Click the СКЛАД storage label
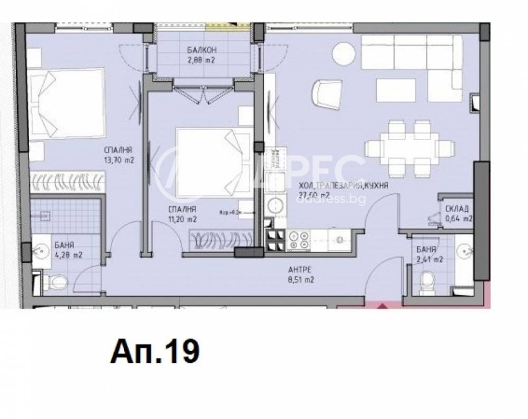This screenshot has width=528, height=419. point(458,208)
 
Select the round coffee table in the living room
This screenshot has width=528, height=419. point(344,52)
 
